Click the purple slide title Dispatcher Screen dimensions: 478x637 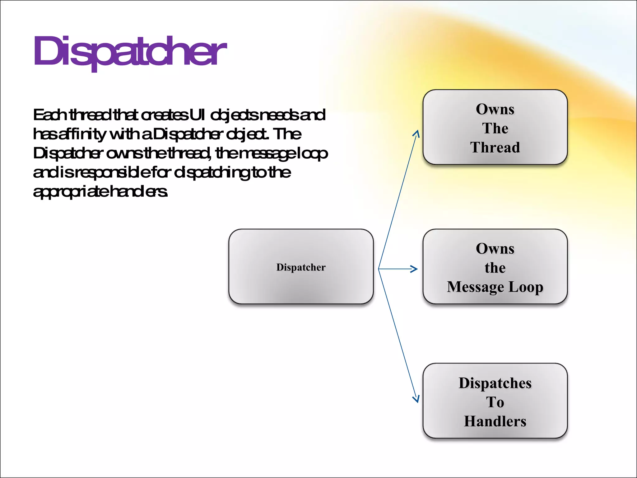tap(130, 51)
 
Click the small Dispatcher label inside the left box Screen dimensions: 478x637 tap(301, 267)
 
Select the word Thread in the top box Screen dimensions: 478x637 tap(495, 148)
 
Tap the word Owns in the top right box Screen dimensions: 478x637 tap(495, 109)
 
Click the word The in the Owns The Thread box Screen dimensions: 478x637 tap(495, 128)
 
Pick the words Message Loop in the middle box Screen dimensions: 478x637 tap(495, 287)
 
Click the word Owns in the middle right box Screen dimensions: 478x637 tap(495, 249)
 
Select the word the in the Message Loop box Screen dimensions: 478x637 tap(495, 268)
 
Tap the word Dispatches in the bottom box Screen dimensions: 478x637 tap(495, 383)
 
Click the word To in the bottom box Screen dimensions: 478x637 tap(495, 402)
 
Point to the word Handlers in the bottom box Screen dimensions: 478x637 tap(495, 421)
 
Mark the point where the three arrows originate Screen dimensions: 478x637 tap(379, 269)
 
